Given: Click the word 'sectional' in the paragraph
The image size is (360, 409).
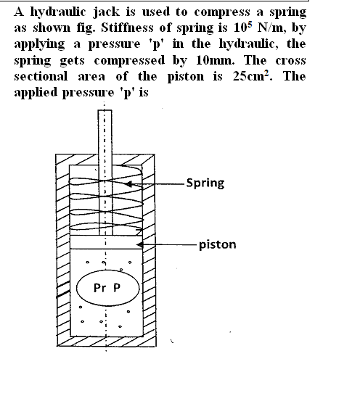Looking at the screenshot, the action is coord(41,76).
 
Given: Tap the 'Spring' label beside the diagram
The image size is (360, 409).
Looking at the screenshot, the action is coord(205,183).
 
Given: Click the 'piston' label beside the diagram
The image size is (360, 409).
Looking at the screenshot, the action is coord(218,245).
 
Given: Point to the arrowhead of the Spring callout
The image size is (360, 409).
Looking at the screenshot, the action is coord(128,184).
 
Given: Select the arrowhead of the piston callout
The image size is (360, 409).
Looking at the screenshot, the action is coord(139,244).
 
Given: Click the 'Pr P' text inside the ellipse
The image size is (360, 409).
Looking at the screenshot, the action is coord(107,288).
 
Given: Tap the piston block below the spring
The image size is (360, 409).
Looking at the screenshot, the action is coord(107,242).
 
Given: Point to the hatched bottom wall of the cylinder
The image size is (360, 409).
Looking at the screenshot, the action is coord(107,341).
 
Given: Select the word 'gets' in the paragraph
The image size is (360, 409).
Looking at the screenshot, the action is coord(73,61).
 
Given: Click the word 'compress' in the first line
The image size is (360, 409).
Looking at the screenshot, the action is coord(222,12).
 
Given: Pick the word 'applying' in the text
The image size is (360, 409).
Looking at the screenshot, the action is coord(39,45).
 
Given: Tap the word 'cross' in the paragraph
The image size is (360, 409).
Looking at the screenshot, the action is coord(290,60).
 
